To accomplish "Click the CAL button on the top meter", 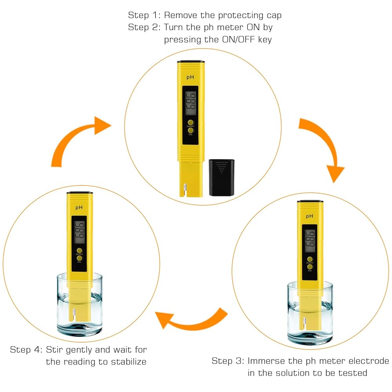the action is point(191,131).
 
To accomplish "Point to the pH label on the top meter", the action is point(191,78).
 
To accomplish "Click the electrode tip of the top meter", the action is point(183,191).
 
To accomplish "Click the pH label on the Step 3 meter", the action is point(310,216).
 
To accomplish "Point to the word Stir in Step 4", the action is point(55,350).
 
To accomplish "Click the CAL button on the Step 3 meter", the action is point(310,267).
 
